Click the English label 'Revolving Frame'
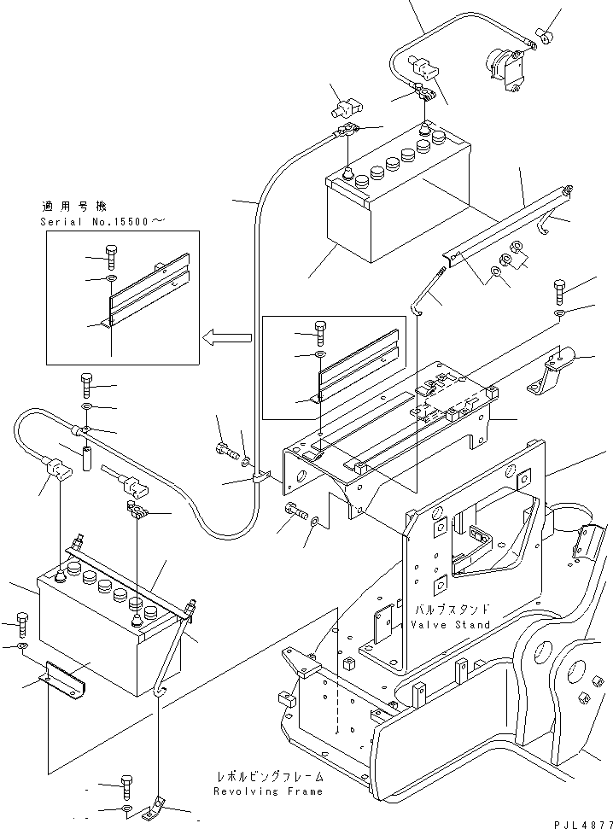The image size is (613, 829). point(270,791)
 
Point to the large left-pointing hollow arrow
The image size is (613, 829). point(227,338)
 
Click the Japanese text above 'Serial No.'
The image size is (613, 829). point(74,206)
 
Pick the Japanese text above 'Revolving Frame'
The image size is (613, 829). point(270,777)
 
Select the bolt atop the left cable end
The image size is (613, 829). point(86,381)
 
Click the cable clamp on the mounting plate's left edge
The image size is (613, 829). point(260,478)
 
